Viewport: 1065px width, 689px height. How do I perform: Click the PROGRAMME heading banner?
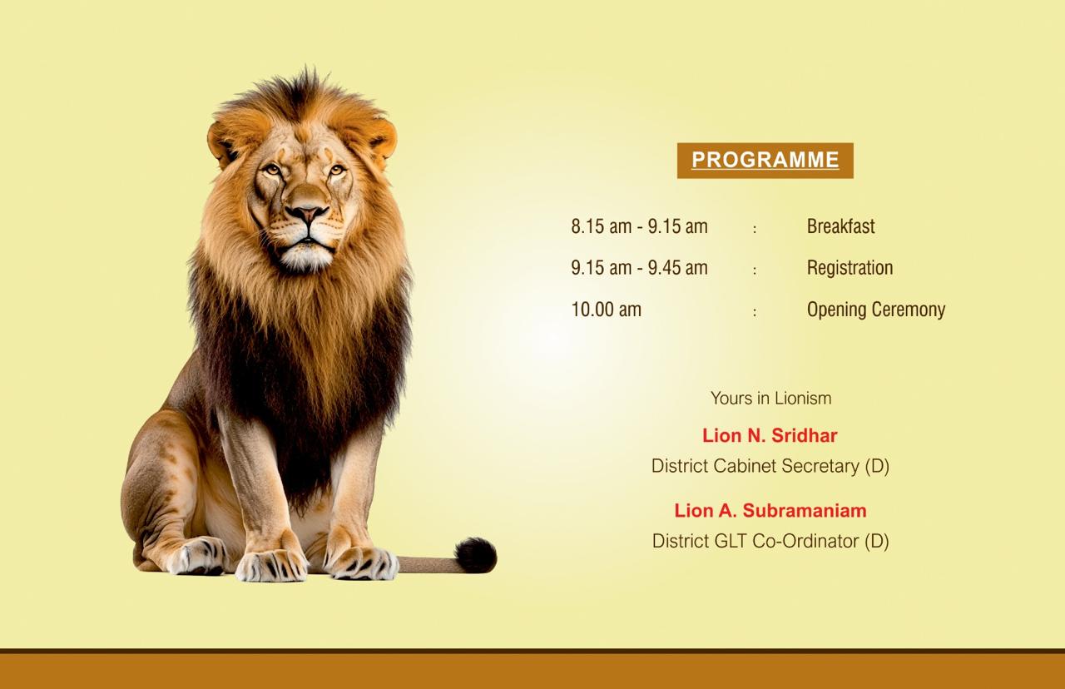[x=765, y=161]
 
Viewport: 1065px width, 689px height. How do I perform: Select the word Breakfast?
[x=840, y=226]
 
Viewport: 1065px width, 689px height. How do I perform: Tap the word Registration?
[x=850, y=268]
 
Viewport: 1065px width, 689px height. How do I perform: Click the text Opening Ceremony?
[x=876, y=310]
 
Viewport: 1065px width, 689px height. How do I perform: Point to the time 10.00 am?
[x=607, y=310]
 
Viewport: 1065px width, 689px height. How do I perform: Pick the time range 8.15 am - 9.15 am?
[x=640, y=226]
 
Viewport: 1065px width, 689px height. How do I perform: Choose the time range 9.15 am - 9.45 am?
[x=640, y=268]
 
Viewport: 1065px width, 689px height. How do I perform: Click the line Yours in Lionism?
[x=770, y=398]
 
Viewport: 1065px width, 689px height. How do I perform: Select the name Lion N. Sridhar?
[x=770, y=435]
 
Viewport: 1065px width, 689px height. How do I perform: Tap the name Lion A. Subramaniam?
[x=770, y=511]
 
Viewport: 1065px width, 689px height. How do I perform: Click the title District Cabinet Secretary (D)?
[x=770, y=466]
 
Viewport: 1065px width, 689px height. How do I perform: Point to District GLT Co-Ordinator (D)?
[x=770, y=541]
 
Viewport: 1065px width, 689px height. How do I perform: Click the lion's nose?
[x=307, y=212]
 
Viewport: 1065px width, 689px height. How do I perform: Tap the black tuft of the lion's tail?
[x=476, y=555]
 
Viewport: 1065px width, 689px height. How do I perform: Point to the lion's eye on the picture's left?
[x=272, y=170]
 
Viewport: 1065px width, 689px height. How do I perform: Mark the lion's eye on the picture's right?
[x=337, y=169]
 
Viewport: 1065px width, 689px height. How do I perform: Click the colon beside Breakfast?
[x=755, y=229]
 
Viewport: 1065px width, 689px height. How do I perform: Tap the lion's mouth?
[x=308, y=244]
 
